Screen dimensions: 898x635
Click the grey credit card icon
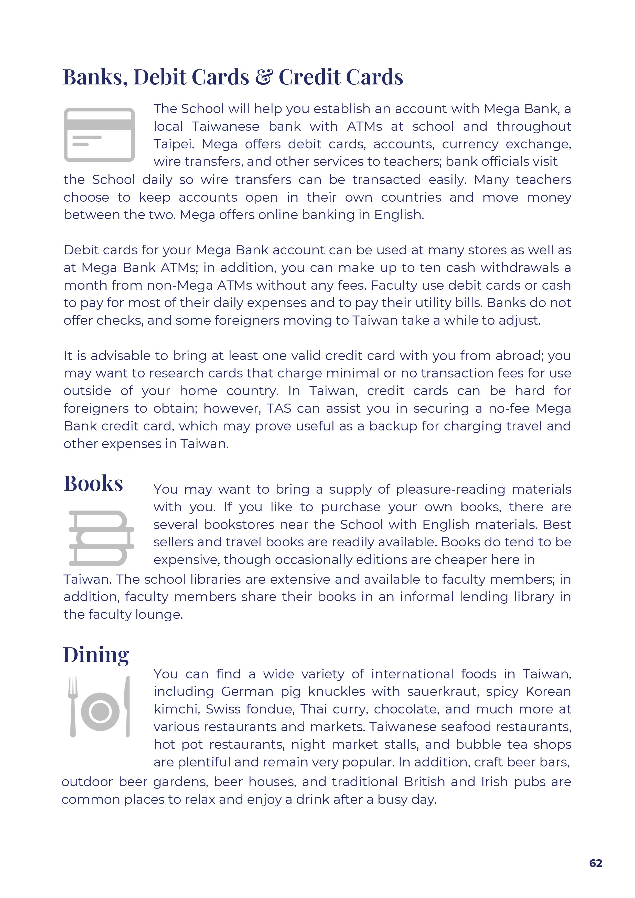(x=99, y=135)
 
